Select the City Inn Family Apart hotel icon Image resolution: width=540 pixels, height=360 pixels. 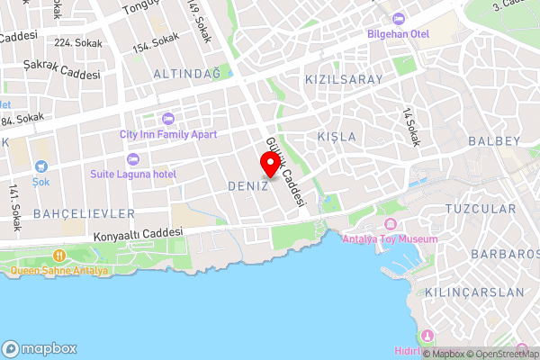[x=167, y=119]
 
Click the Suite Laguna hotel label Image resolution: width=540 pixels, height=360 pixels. [x=133, y=173]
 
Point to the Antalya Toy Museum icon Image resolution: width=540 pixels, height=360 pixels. [x=390, y=224]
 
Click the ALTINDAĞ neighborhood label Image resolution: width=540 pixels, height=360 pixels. [x=186, y=72]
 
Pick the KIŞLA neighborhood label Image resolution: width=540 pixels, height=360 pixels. [x=337, y=137]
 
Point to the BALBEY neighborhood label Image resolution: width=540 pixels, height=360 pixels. [x=494, y=141]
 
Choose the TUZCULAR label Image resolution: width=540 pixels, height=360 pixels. [x=481, y=208]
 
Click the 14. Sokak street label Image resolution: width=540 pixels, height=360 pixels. [x=411, y=129]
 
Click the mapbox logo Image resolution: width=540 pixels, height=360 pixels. [x=40, y=348]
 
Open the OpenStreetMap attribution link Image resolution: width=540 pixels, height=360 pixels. [x=503, y=354]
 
